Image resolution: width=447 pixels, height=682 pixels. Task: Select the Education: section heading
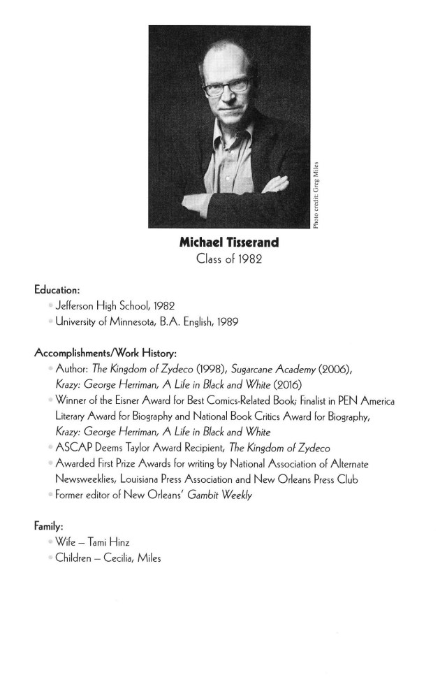point(58,290)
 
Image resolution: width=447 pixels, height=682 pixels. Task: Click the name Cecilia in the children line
point(117,558)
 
